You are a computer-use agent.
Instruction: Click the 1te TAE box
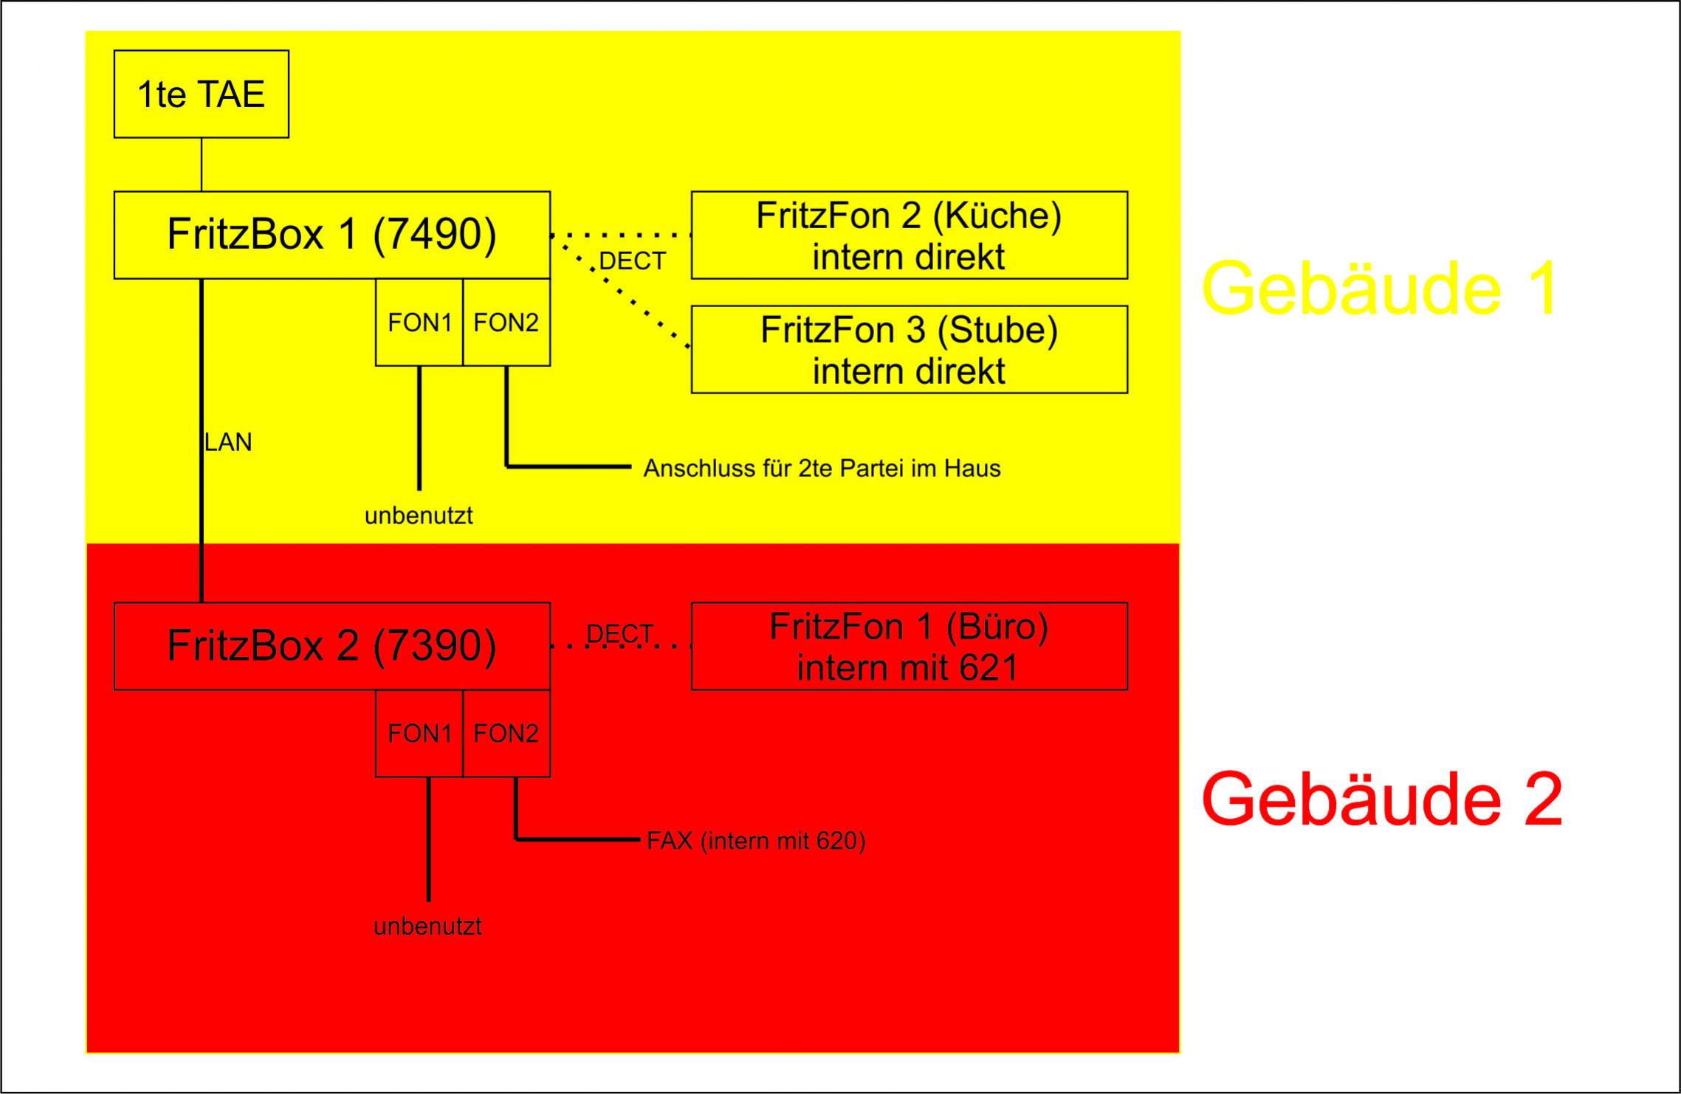coord(201,94)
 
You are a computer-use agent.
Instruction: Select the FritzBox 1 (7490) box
coord(331,235)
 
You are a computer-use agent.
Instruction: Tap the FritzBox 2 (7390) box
coord(331,646)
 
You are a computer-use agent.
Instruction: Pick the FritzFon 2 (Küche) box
coord(909,235)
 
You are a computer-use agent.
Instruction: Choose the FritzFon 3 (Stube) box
coord(909,349)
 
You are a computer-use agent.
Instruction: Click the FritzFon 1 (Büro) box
coord(909,646)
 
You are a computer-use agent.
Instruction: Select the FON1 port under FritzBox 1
coord(419,322)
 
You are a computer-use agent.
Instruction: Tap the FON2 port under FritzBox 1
coord(506,322)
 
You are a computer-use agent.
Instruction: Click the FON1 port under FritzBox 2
coord(419,733)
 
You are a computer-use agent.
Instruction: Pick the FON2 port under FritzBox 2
coord(506,733)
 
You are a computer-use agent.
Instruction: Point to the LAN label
coord(228,442)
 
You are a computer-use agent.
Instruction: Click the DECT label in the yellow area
coord(633,261)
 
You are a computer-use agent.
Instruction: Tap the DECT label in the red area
coord(619,633)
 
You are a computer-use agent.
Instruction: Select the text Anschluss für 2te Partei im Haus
coord(822,468)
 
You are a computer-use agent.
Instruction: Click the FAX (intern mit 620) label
coord(756,841)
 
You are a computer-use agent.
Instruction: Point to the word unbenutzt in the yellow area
coord(419,515)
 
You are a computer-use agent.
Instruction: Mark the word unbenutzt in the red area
coord(427,926)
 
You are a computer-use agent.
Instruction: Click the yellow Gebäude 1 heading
coord(1381,288)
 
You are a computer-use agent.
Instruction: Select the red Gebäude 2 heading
coord(1382,799)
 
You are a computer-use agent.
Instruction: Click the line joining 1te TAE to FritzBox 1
coord(202,165)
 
